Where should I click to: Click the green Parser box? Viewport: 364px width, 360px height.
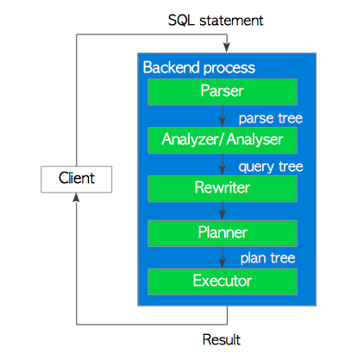(223, 92)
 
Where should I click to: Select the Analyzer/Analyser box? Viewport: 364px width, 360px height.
(223, 138)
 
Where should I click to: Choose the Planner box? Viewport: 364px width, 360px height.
(223, 233)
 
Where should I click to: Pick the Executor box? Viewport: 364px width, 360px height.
(223, 281)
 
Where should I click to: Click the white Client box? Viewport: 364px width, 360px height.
(76, 179)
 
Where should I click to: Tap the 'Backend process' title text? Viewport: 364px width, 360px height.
(198, 67)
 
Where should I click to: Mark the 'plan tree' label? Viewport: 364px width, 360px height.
(268, 257)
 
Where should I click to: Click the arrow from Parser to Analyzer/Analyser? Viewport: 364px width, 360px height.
(223, 116)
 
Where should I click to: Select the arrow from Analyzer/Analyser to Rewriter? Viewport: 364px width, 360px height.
(223, 163)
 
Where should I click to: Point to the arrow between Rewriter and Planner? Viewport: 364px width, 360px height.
(223, 210)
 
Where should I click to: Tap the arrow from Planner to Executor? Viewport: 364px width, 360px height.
(223, 256)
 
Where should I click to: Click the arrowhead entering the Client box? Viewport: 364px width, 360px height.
(76, 198)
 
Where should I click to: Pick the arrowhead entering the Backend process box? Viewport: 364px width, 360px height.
(225, 48)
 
